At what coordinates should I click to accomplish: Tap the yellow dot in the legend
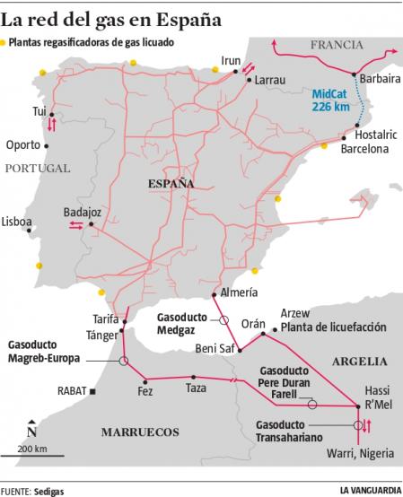click(4, 42)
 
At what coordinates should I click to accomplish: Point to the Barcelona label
click(364, 150)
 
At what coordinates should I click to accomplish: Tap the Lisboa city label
click(16, 222)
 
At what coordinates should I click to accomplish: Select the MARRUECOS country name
click(138, 432)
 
